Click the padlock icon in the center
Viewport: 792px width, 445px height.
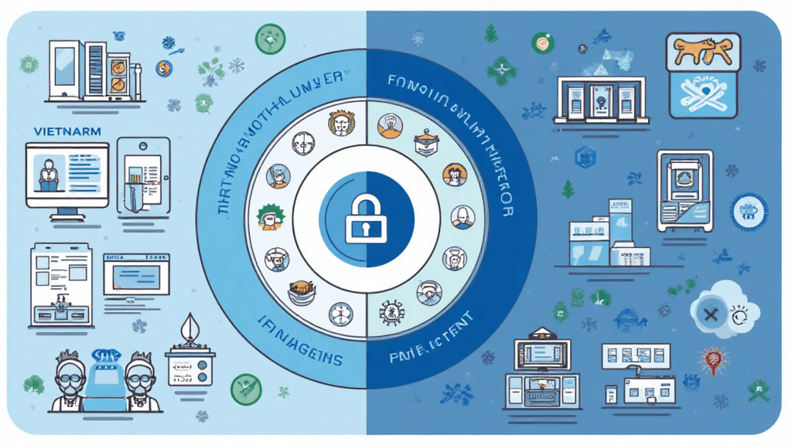coord(367,221)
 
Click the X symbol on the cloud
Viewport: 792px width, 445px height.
coord(709,314)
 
